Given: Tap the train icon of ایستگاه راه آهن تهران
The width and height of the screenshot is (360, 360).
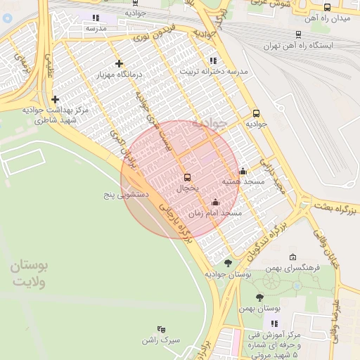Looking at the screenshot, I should (299, 34).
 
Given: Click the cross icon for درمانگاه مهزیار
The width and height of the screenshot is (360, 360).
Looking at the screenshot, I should (119, 63).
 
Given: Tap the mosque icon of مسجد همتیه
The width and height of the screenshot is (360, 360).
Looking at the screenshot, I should (243, 171).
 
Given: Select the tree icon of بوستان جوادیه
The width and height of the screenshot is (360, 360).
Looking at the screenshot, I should (227, 263).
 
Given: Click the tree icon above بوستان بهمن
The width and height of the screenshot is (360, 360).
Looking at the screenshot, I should (259, 297).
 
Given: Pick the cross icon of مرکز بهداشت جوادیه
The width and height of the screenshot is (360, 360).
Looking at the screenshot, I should (55, 100).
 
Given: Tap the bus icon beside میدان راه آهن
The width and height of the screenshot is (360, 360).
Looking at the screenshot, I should (327, 7).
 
